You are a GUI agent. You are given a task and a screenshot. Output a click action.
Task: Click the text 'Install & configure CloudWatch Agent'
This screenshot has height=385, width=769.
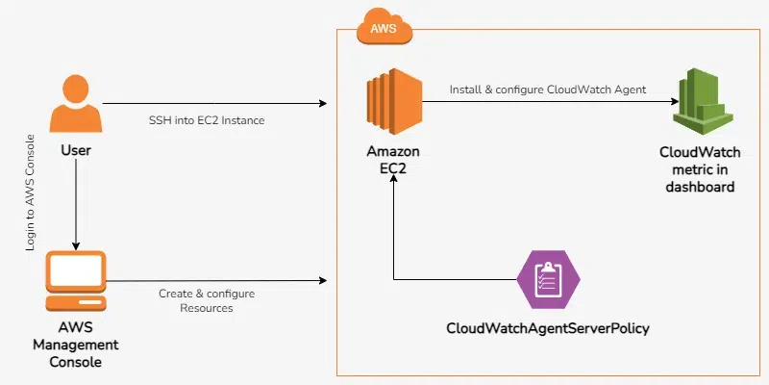tap(548, 90)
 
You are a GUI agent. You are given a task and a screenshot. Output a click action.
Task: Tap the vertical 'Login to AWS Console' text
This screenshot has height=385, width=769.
tap(32, 192)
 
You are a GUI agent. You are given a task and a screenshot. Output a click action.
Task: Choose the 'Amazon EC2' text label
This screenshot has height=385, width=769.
tap(392, 161)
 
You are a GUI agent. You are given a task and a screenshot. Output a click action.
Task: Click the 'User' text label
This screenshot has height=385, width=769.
tap(76, 152)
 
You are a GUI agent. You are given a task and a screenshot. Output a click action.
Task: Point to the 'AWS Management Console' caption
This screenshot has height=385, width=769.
tap(76, 345)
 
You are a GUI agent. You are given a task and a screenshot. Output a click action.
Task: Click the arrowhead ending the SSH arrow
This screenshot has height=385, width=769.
tap(324, 102)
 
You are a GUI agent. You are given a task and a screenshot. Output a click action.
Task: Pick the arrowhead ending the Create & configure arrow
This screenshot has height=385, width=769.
tap(324, 281)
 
